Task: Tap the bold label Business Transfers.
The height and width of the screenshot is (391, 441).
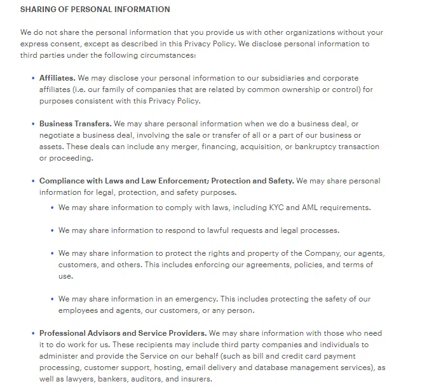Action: (75, 124)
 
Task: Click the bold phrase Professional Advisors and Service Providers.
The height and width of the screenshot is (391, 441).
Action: (123, 333)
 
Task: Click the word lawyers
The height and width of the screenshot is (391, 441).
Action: (88, 379)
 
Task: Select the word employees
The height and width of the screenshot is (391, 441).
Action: (79, 310)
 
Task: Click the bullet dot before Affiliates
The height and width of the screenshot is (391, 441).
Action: (33, 78)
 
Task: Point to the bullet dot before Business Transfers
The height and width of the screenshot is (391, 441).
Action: (33, 124)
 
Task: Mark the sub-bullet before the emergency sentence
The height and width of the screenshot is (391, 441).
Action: (52, 299)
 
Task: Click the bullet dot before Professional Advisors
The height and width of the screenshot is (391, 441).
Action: (33, 333)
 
